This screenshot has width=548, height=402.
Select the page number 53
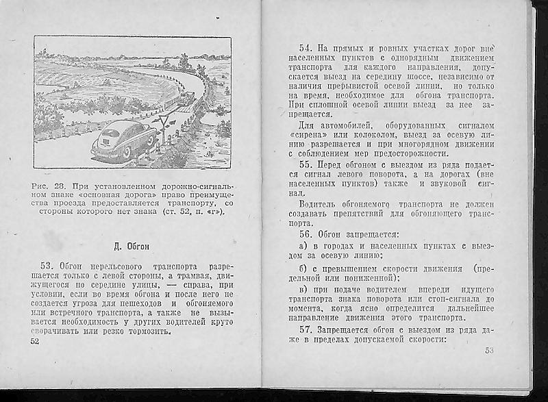click(x=489, y=351)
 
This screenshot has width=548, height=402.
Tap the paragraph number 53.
click(x=47, y=265)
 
